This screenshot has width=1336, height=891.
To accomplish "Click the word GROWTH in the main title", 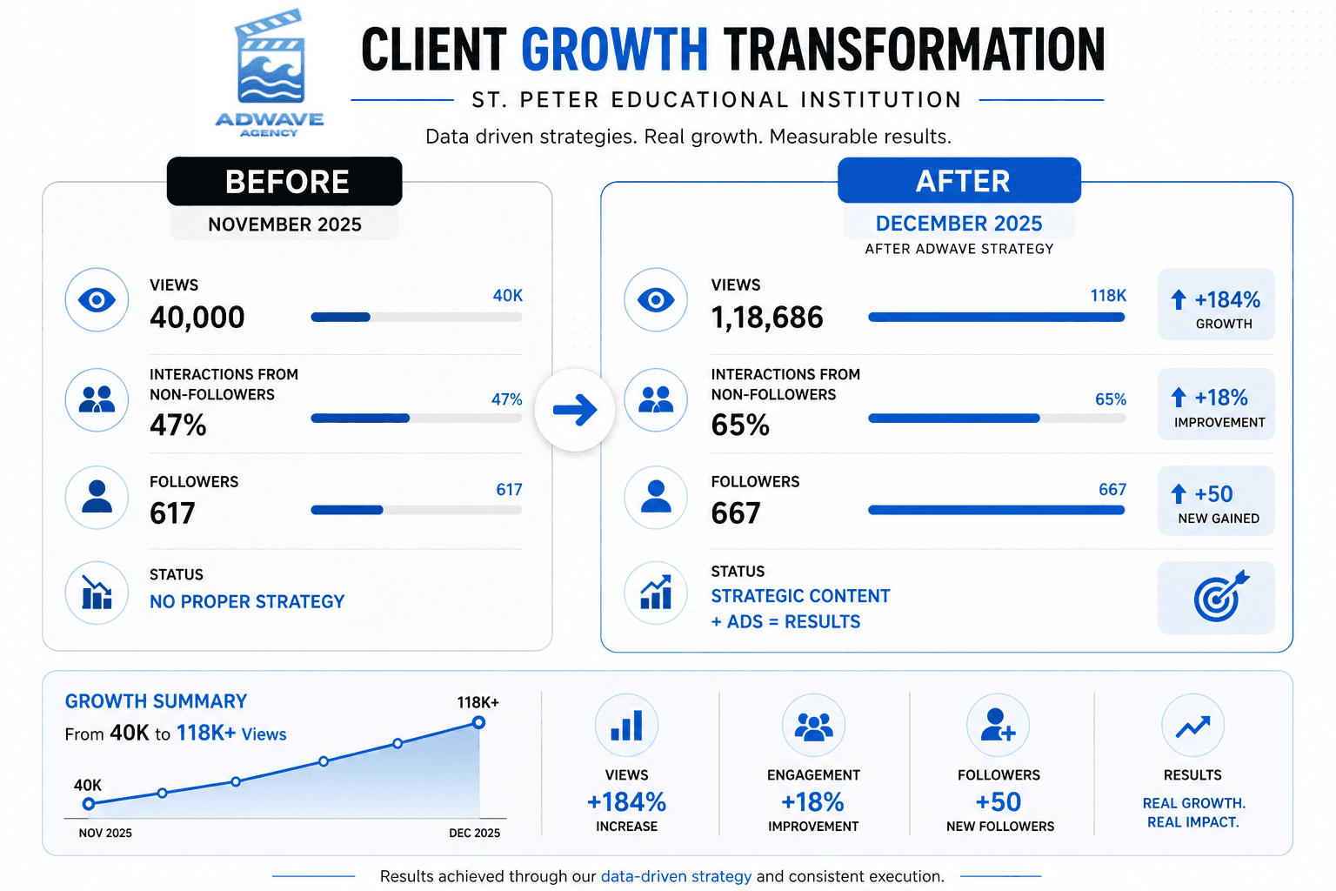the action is point(615,50).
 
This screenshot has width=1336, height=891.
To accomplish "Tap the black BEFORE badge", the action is point(284,182).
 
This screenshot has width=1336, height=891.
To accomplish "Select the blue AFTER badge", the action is point(959,180).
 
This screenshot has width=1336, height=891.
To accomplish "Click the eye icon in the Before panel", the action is point(97,299).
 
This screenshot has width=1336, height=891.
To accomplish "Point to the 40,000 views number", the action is point(197,317).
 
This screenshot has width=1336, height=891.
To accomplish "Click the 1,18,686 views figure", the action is point(767,317).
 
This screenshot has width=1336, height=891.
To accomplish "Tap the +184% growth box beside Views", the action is point(1216,305).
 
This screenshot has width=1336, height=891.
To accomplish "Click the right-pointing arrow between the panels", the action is point(575,410).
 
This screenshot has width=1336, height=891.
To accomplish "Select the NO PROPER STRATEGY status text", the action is point(247,601).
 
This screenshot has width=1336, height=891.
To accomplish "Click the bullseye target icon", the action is point(1220,596).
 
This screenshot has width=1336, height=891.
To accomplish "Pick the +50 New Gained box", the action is point(1216,500).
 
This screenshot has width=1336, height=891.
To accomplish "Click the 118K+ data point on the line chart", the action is point(478,723).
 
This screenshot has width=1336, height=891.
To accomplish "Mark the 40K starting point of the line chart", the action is point(89,804).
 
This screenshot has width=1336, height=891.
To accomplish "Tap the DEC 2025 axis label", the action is point(475,833).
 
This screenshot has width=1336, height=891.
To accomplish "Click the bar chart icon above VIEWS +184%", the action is point(626,725).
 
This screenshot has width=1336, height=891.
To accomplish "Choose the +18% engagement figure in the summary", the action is point(812,802).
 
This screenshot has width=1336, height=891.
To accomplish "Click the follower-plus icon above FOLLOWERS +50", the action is point(998,725).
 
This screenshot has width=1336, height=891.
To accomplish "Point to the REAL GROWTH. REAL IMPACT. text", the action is point(1193,813).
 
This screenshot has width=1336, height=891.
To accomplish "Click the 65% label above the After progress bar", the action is point(1111,399).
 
